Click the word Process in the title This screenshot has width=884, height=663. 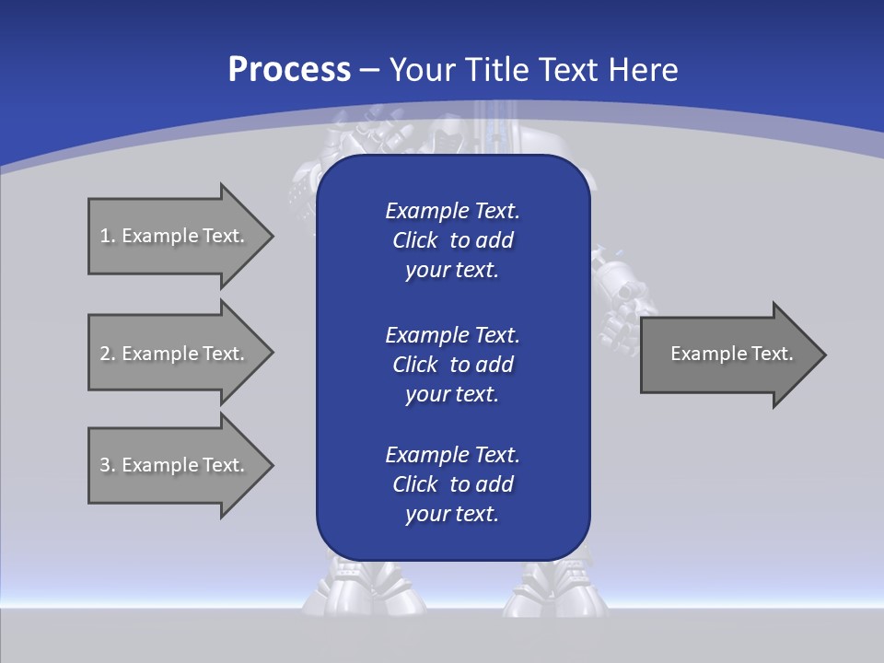[289, 70]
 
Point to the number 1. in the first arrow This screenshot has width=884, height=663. [108, 236]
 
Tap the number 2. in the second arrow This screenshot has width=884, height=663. [108, 354]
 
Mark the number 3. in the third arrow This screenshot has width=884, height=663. [108, 465]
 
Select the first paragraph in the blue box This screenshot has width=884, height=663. [452, 240]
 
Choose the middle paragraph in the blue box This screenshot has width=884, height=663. [452, 364]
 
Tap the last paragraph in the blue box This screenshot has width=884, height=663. [452, 484]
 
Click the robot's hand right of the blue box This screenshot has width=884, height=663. [615, 308]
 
